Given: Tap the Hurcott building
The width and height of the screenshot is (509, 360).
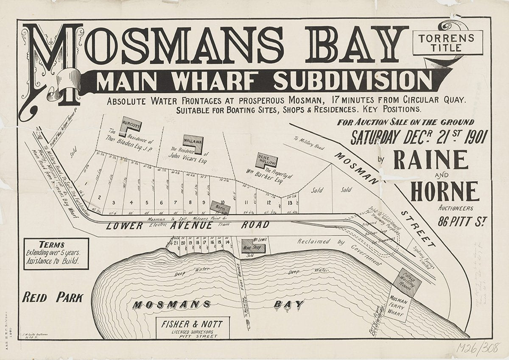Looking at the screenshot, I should [x=130, y=126].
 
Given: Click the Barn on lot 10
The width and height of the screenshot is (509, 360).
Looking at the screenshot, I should [x=220, y=208].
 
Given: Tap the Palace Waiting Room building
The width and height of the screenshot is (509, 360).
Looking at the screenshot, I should [x=407, y=282].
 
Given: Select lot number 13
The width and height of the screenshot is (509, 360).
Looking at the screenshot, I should [x=290, y=202].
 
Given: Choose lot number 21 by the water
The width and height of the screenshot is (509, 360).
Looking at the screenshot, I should [x=176, y=243].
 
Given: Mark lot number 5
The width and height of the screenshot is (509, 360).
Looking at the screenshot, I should [x=146, y=202].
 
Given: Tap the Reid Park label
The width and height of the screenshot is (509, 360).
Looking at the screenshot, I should [x=53, y=298].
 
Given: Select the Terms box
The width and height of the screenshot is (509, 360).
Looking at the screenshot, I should [x=56, y=253].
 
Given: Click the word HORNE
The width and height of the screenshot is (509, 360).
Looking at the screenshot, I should [x=444, y=192].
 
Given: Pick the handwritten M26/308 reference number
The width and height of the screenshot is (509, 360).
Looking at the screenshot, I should [x=478, y=348].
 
